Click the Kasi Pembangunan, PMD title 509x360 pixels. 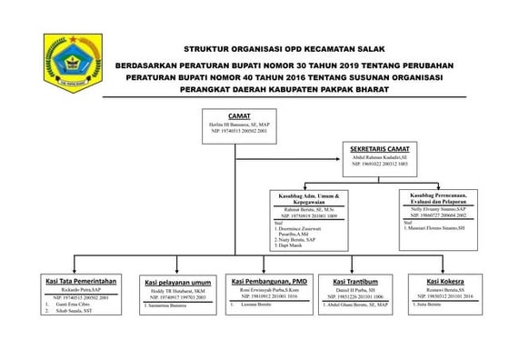point(272,282)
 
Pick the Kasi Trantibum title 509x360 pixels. point(356,282)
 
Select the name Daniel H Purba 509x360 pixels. point(356,290)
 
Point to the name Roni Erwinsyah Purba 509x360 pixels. point(272,290)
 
